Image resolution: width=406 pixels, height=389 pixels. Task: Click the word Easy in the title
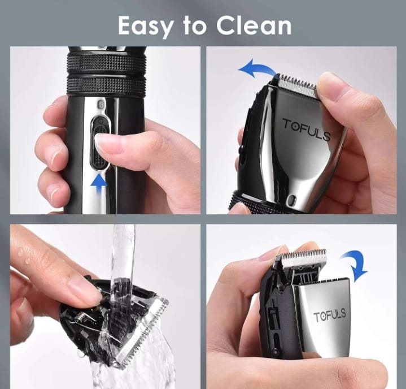point(146,26)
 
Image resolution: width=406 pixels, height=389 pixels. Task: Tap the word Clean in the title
point(254,25)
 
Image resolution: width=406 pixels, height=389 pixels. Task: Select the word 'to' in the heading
point(195,26)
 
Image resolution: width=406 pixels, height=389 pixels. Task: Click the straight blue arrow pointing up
point(99,185)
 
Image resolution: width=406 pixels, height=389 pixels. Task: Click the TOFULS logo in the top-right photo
point(307,129)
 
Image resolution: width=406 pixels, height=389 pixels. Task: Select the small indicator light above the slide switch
point(101,104)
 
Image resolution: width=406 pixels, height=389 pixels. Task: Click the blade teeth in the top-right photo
point(297,83)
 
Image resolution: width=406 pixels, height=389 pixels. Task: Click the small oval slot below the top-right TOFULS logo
point(291,199)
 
